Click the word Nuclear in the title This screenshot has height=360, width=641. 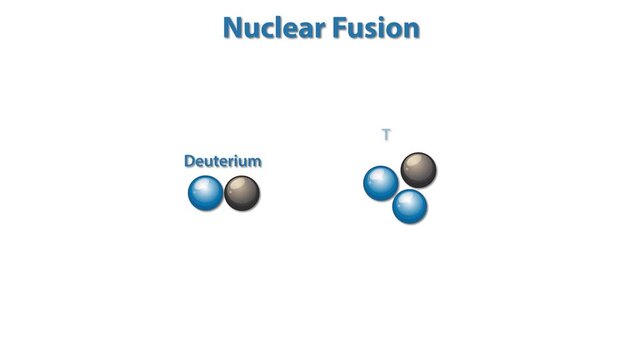coord(273,28)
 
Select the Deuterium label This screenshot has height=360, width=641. coord(223,161)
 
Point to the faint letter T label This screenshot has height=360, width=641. coord(386,135)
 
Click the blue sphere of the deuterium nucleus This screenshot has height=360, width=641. coord(206,193)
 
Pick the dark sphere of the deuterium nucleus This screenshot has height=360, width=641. coord(242,193)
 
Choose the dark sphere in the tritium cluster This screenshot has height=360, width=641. coord(418,170)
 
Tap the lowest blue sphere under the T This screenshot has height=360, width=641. coord(410,206)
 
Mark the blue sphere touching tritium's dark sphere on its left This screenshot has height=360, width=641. coord(381,183)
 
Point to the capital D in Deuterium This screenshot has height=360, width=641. coord(190,161)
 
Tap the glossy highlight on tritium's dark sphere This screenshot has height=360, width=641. coord(413,163)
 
